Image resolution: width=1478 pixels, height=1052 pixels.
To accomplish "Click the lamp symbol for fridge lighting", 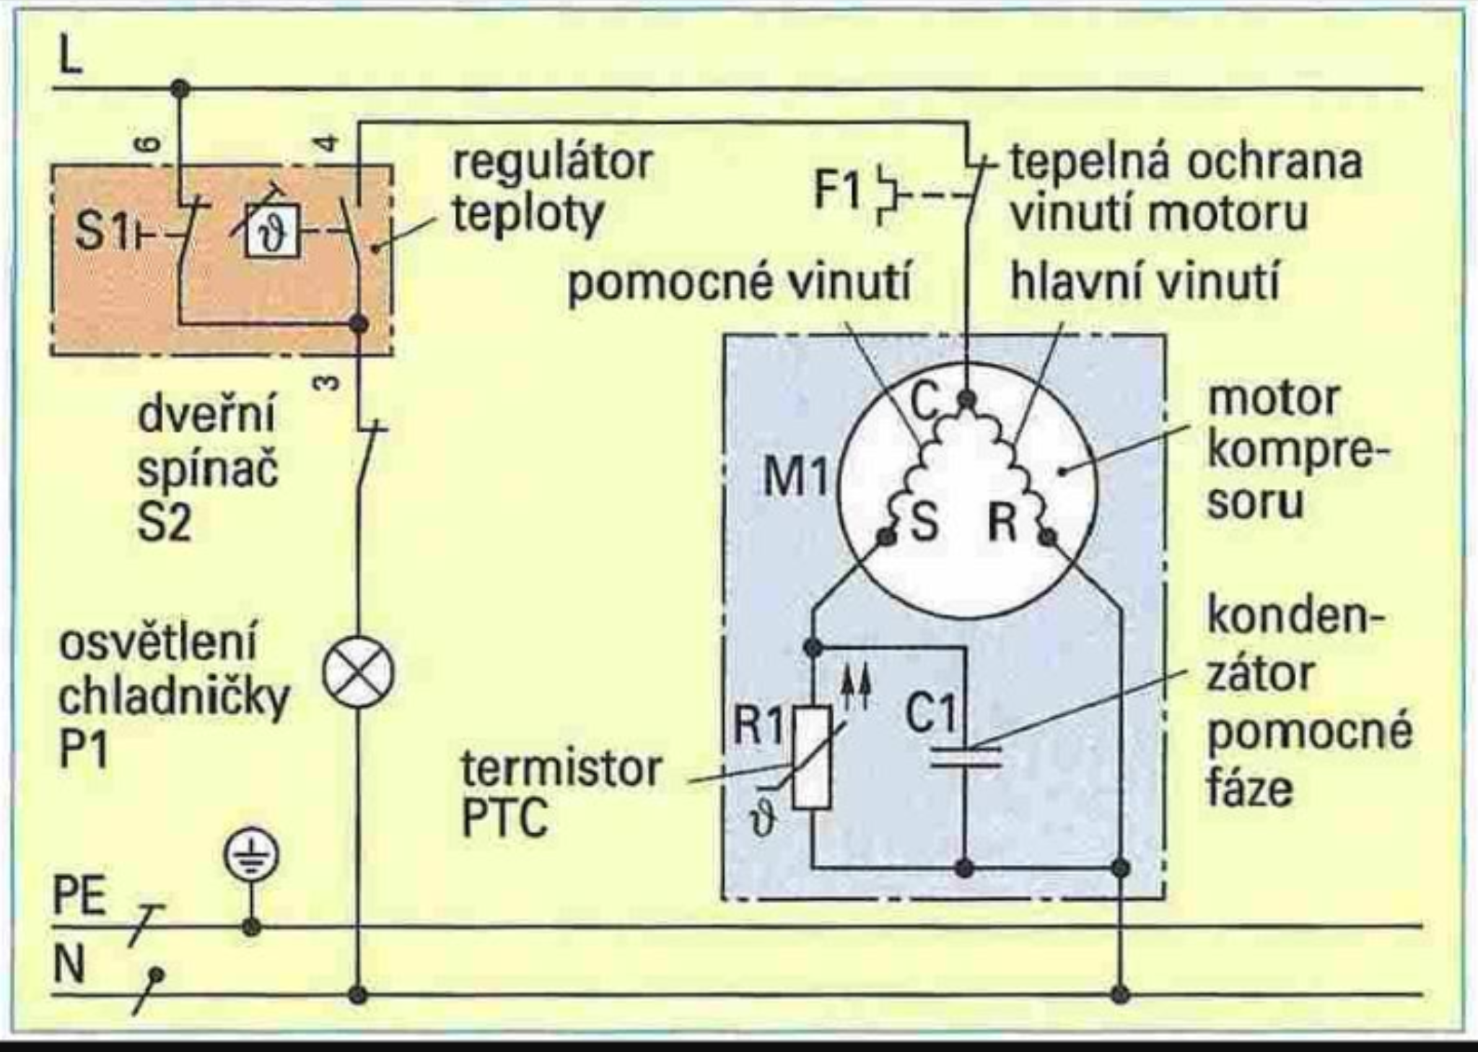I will pyautogui.click(x=358, y=674).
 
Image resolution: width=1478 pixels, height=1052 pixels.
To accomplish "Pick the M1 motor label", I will pyautogui.click(x=795, y=476).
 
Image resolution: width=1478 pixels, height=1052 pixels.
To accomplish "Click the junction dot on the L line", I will pyautogui.click(x=179, y=90).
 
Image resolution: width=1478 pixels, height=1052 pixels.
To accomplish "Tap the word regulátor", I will pyautogui.click(x=553, y=163).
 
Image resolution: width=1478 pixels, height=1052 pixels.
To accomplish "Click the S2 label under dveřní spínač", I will pyautogui.click(x=165, y=521).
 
